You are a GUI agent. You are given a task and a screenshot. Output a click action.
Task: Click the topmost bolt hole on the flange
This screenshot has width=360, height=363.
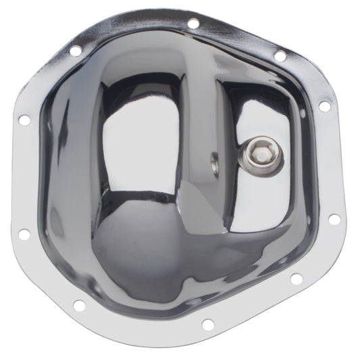[193, 24]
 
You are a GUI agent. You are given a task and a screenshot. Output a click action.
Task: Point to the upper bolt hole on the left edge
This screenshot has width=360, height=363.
[24, 120]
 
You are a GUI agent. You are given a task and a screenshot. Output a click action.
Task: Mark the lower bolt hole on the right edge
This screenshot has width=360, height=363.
[333, 220]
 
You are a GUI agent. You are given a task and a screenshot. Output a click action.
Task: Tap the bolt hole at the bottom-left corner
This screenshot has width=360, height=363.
[79, 305]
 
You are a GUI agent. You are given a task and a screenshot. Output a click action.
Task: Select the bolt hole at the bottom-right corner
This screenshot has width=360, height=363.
[296, 279]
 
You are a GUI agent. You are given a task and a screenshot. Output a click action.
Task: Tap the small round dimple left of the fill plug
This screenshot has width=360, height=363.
[214, 162]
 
